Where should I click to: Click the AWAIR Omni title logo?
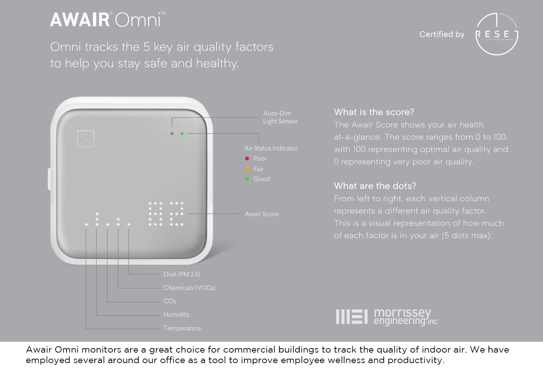point(108,20)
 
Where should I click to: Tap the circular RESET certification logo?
point(497,34)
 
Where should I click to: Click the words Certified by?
point(442,35)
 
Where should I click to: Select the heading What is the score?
point(374,112)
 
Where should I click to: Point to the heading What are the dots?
point(375,186)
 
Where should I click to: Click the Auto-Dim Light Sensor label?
point(280,118)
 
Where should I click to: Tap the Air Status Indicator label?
point(271,148)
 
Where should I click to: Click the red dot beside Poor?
point(247,158)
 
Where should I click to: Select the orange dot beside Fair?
point(247,169)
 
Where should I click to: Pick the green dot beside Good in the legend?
point(247,179)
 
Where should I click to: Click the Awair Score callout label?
point(262,214)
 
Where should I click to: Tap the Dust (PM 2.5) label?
point(182,274)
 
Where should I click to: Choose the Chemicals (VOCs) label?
point(190,288)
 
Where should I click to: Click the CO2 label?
point(170,301)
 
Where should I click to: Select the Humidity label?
point(176,315)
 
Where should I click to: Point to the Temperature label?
point(182,328)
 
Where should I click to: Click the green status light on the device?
point(182,134)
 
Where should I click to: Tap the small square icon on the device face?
point(86,139)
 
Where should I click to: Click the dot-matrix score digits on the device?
point(166,214)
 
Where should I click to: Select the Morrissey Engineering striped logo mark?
point(352,317)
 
